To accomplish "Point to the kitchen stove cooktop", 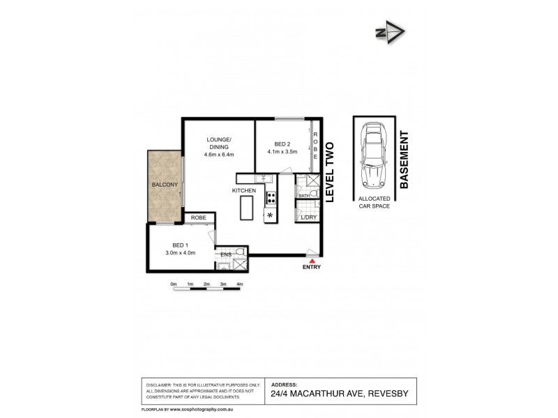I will pos(270,198).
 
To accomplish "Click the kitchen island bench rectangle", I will pos(246,208).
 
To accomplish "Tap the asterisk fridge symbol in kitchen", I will pos(270,215).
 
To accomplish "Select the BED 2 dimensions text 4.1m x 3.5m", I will pos(282,151).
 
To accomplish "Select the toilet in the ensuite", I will pos(239,252).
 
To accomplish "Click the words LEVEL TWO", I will pos(331,172).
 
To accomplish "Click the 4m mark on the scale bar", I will pos(239,284).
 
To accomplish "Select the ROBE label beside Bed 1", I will pos(199,218).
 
